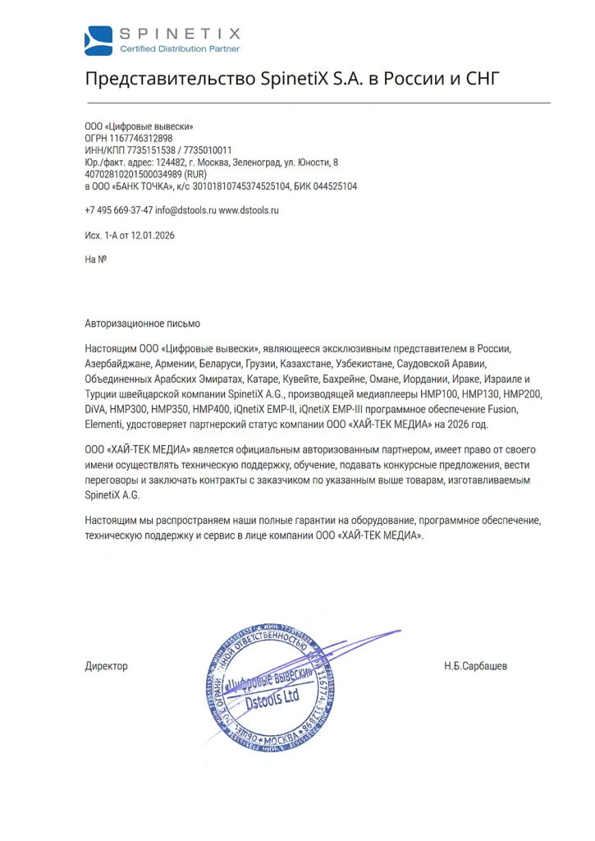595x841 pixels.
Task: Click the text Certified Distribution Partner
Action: tap(180, 49)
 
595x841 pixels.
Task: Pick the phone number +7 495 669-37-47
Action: tap(118, 210)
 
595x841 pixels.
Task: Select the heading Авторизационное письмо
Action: tap(142, 324)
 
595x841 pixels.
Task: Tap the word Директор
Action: tap(106, 666)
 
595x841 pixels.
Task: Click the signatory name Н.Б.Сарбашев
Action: tap(475, 666)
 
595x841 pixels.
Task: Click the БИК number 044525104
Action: tap(337, 186)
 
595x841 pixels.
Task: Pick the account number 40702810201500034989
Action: tap(133, 175)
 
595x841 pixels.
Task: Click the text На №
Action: tap(96, 260)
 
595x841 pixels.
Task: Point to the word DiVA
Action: tap(96, 410)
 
